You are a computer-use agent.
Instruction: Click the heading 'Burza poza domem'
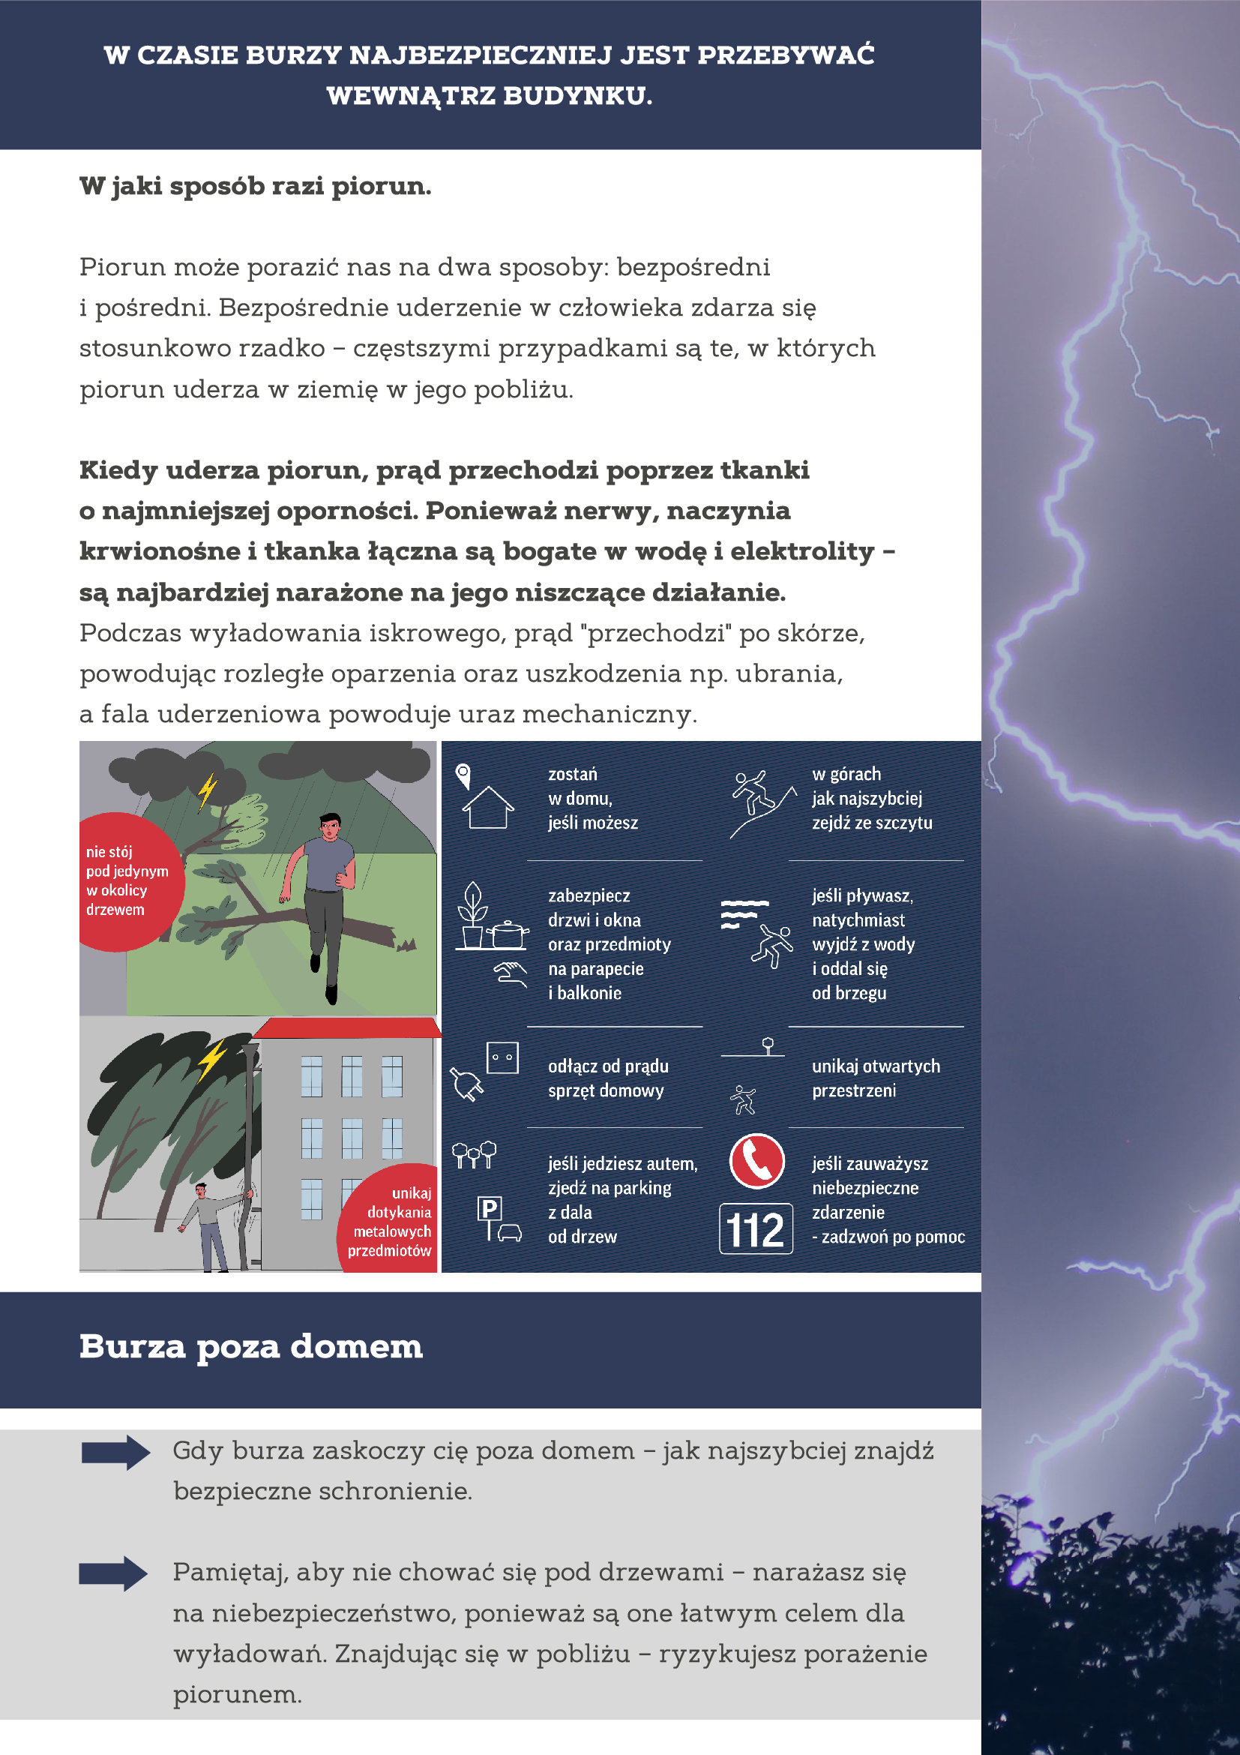tap(250, 1347)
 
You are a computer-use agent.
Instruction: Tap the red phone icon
tap(756, 1160)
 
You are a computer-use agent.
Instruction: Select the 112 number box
tap(756, 1229)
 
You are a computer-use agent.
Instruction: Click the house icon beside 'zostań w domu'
tap(488, 806)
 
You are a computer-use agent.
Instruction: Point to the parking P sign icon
tap(489, 1209)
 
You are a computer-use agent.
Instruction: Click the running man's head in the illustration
tap(330, 827)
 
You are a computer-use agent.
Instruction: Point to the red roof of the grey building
tap(348, 1027)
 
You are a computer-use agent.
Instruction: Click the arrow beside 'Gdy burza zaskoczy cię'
tap(115, 1452)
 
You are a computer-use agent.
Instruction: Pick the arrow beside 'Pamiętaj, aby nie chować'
tap(114, 1573)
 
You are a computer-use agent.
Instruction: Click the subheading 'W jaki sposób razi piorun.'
tap(255, 186)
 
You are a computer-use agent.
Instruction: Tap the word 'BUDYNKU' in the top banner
tap(573, 96)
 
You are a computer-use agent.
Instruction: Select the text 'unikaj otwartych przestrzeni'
tap(876, 1078)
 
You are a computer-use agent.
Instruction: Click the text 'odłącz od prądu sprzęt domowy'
tap(608, 1078)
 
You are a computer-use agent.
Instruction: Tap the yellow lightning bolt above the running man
tap(207, 791)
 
